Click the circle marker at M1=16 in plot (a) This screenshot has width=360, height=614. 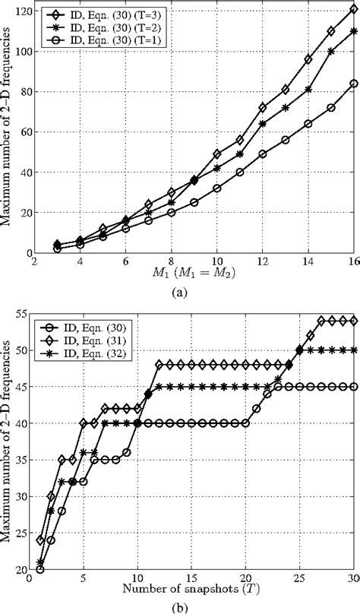pyautogui.click(x=354, y=84)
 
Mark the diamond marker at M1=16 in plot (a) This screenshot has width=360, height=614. pyautogui.click(x=354, y=9)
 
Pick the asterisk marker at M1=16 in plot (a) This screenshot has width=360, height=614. pyautogui.click(x=354, y=31)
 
